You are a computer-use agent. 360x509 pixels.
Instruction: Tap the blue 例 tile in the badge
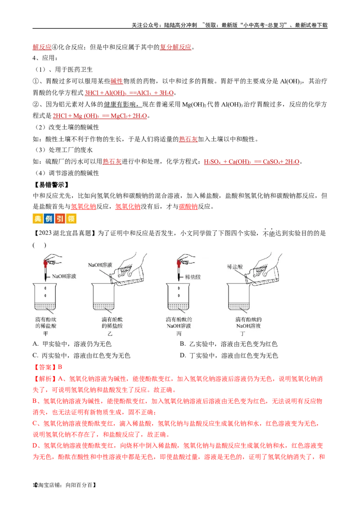48,219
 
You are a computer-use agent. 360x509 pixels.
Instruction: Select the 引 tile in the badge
59,219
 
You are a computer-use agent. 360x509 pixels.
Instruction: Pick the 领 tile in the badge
72,219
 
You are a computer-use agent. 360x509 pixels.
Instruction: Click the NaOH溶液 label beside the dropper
64,277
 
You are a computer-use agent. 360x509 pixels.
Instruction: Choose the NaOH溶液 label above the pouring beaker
101,265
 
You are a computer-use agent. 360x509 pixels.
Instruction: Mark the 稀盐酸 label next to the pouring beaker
235,267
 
